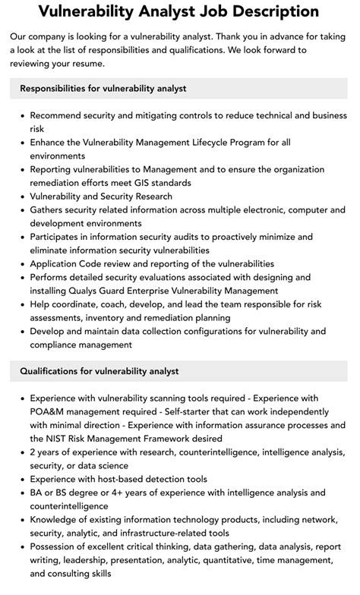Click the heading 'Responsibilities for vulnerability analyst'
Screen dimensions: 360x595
[x=103, y=89]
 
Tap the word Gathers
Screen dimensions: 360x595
[x=48, y=209]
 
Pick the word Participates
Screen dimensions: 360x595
[x=56, y=237]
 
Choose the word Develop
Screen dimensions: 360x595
[x=49, y=332]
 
